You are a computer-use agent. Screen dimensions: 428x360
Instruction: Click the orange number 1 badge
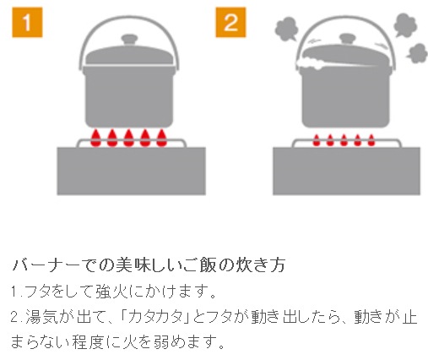(27, 23)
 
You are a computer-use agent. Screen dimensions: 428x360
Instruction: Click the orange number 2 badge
(230, 23)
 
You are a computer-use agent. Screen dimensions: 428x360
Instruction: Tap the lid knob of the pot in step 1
(129, 40)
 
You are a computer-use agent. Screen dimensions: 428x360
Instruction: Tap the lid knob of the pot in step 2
(348, 39)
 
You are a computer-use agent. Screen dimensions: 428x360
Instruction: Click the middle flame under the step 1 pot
(128, 138)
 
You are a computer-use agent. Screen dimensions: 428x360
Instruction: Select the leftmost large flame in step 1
(96, 138)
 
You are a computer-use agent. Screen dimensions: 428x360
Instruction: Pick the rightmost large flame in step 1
(161, 138)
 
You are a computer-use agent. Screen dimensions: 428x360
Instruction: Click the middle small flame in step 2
(344, 140)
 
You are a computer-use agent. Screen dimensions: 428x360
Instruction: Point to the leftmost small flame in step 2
(317, 140)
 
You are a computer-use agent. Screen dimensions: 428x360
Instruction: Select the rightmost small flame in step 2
(371, 140)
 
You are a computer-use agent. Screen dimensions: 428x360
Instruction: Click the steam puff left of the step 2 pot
(286, 29)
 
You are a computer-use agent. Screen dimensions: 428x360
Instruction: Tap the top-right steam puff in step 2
(405, 25)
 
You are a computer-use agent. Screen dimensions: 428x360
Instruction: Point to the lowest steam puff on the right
(417, 53)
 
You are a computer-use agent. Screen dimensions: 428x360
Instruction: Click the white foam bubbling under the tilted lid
(310, 63)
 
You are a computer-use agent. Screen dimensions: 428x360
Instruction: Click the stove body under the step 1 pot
(132, 171)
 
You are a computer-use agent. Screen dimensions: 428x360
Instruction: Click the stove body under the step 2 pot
(346, 171)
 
